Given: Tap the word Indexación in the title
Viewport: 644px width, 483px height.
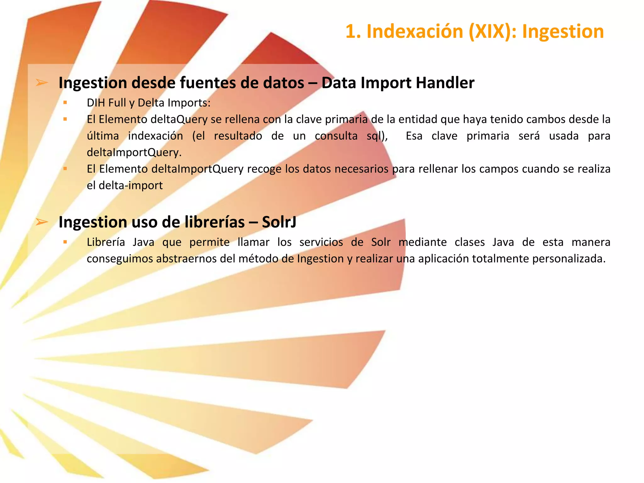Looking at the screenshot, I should coord(415,32).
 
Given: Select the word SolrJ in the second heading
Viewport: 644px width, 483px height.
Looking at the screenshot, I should coord(279,222).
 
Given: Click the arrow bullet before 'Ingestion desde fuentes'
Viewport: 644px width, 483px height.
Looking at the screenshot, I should coord(42,83).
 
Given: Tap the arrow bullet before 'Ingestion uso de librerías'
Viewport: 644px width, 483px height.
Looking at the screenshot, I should coord(42,222).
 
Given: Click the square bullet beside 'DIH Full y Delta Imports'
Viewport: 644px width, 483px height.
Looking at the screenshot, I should coord(65,103).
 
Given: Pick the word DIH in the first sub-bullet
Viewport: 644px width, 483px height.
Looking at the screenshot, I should coord(96,103).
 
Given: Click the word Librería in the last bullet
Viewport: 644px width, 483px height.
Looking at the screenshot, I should coord(106,242).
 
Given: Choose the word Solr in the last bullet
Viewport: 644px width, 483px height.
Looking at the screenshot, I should coord(380,242).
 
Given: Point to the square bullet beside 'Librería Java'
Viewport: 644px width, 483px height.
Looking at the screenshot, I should coord(65,242).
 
